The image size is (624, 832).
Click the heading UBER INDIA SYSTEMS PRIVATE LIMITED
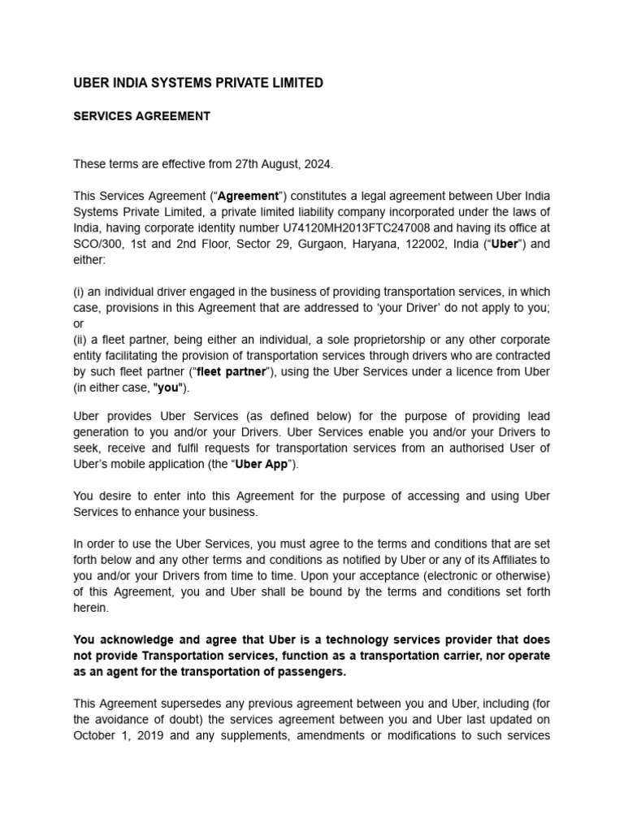pos(198,83)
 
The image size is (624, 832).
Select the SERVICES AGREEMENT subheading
pos(142,116)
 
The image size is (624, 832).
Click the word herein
pos(90,608)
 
